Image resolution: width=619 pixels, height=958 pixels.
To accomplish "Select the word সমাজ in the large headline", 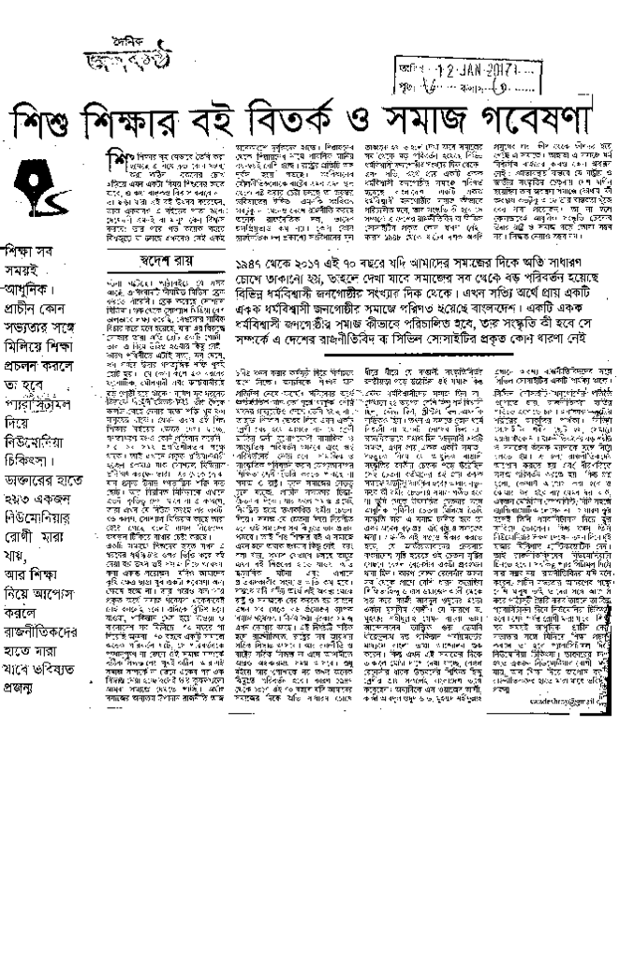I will point(438,117).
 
